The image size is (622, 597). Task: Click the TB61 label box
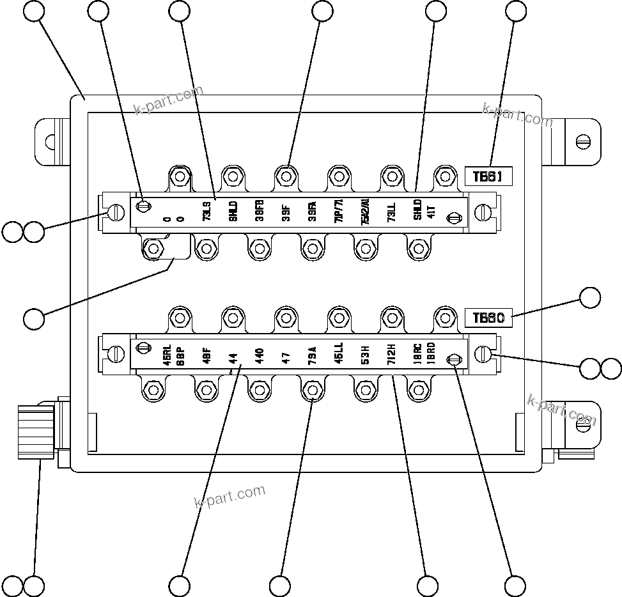[489, 176]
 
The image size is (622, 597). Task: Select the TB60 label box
[489, 318]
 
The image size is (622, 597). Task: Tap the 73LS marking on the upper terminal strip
[207, 212]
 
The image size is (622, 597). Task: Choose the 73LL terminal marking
[391, 212]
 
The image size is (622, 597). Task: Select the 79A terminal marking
[312, 355]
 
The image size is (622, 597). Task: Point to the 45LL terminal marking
[339, 353]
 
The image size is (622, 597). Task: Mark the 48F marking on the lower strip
[206, 355]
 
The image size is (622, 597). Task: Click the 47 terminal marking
[286, 357]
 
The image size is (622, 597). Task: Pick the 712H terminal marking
[391, 353]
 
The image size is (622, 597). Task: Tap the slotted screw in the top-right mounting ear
[583, 141]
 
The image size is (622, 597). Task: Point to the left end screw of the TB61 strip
[116, 212]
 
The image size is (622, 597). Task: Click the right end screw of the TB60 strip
[484, 353]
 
